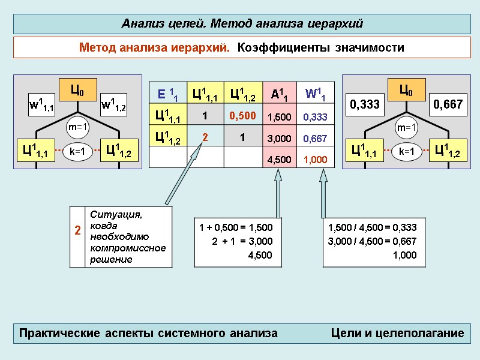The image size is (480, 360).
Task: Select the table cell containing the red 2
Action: click(x=205, y=137)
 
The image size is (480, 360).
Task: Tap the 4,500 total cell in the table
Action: click(x=279, y=160)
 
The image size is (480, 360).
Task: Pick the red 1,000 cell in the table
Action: click(x=315, y=160)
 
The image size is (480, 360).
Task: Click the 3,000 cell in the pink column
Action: click(x=279, y=138)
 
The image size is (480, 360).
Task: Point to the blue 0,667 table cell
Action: click(x=315, y=138)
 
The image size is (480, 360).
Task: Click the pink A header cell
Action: click(x=279, y=93)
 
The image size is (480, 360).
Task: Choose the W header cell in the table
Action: click(x=315, y=93)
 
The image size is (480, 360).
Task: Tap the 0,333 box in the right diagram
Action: click(x=365, y=104)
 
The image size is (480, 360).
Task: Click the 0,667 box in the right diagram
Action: click(x=448, y=104)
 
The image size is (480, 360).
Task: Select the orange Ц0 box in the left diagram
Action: click(x=77, y=90)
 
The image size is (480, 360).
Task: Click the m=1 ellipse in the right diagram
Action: click(x=407, y=127)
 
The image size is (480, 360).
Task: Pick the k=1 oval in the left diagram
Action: click(x=77, y=152)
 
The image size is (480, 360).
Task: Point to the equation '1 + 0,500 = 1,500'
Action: click(x=236, y=227)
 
